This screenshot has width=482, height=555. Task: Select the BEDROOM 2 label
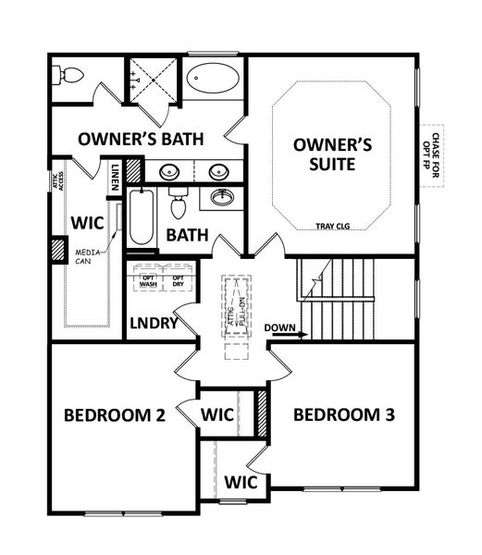pyautogui.click(x=114, y=415)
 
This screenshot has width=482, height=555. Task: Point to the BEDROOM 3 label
pyautogui.click(x=343, y=415)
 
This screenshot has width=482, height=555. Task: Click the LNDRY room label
pyautogui.click(x=154, y=325)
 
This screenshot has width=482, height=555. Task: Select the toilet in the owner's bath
pyautogui.click(x=68, y=75)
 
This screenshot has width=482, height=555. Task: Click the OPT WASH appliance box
pyautogui.click(x=147, y=280)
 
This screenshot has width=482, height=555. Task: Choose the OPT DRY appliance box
pyautogui.click(x=178, y=280)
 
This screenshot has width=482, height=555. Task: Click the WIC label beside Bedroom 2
pyautogui.click(x=218, y=415)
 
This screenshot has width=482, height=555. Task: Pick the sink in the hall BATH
pyautogui.click(x=222, y=197)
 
